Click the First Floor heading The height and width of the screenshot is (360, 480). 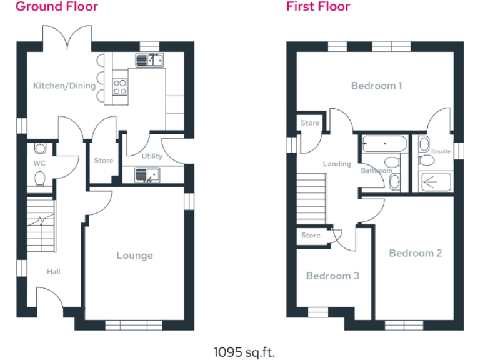tap(318, 7)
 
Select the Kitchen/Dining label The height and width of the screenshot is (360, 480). tap(64, 86)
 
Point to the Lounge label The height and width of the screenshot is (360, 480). tap(134, 256)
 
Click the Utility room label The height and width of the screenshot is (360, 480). tap(152, 156)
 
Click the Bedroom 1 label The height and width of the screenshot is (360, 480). tap(376, 86)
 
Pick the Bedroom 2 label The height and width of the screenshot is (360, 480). tap(415, 253)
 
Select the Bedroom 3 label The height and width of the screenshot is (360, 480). tap(332, 276)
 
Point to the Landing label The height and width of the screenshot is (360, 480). tap(336, 164)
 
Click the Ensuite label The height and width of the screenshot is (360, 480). tap(441, 151)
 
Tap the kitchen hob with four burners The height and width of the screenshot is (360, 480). tap(120, 87)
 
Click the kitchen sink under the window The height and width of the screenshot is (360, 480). tap(149, 60)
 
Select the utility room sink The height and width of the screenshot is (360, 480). tap(148, 176)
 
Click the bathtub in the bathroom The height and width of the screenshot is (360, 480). tap(384, 145)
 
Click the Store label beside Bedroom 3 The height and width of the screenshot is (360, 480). tap(311, 236)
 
